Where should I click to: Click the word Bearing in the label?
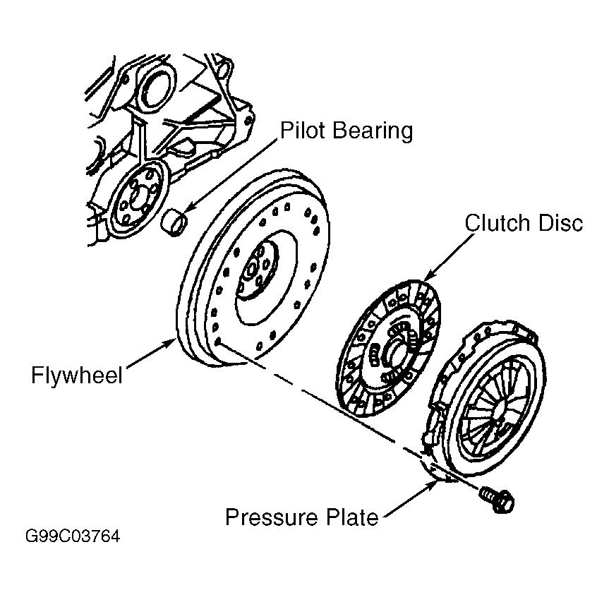coord(373,131)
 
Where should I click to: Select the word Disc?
coord(561,223)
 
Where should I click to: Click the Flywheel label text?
coord(76,375)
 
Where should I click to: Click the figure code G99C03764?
coord(73,536)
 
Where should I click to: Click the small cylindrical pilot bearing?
coord(174,222)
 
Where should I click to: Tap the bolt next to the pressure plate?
coord(497,499)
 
